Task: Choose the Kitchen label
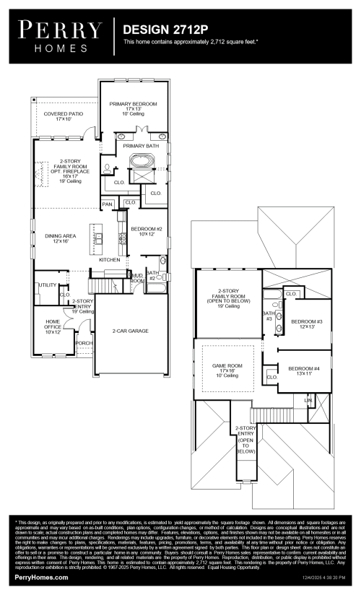pos(109,259)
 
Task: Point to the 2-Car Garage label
pos(130,331)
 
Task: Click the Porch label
pos(84,343)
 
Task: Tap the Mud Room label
pos(136,277)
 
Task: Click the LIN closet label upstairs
pos(308,399)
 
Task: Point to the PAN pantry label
pos(107,205)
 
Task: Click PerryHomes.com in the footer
pos(41,578)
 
